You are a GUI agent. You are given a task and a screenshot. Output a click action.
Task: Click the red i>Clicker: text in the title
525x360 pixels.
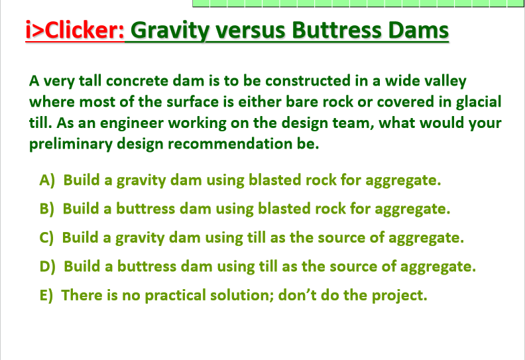coord(75,31)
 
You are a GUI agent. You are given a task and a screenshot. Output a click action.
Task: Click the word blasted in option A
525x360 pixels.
coord(272,180)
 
